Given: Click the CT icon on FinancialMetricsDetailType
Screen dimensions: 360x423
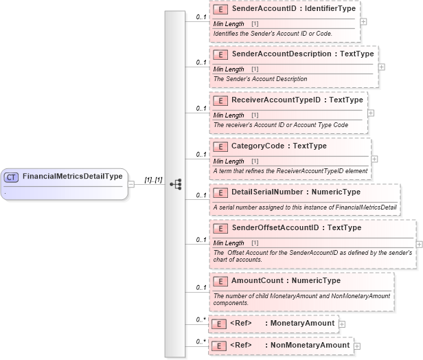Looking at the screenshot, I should [x=11, y=177].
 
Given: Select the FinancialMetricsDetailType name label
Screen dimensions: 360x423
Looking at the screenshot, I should [x=72, y=177].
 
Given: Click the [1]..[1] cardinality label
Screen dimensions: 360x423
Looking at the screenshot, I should [x=152, y=180].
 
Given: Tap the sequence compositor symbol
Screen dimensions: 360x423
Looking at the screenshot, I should [x=176, y=184].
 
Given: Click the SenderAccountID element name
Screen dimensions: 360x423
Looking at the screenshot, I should [x=264, y=10].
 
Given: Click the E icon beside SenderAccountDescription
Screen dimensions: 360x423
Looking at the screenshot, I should [x=221, y=54].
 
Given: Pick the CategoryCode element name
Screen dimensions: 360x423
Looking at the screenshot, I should [x=260, y=146].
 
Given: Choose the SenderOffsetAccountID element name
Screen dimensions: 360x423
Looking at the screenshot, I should [x=277, y=228].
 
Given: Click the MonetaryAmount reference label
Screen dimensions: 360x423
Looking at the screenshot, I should [x=302, y=323].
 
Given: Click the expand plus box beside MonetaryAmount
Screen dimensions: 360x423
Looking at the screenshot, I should [x=342, y=324].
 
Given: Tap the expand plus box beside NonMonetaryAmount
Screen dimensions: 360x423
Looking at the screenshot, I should [x=357, y=346].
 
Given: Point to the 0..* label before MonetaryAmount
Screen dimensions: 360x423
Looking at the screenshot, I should [x=201, y=319].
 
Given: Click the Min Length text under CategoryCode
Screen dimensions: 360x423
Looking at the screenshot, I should [x=229, y=161].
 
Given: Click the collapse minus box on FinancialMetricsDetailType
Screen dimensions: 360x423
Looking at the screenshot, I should [x=131, y=183].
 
